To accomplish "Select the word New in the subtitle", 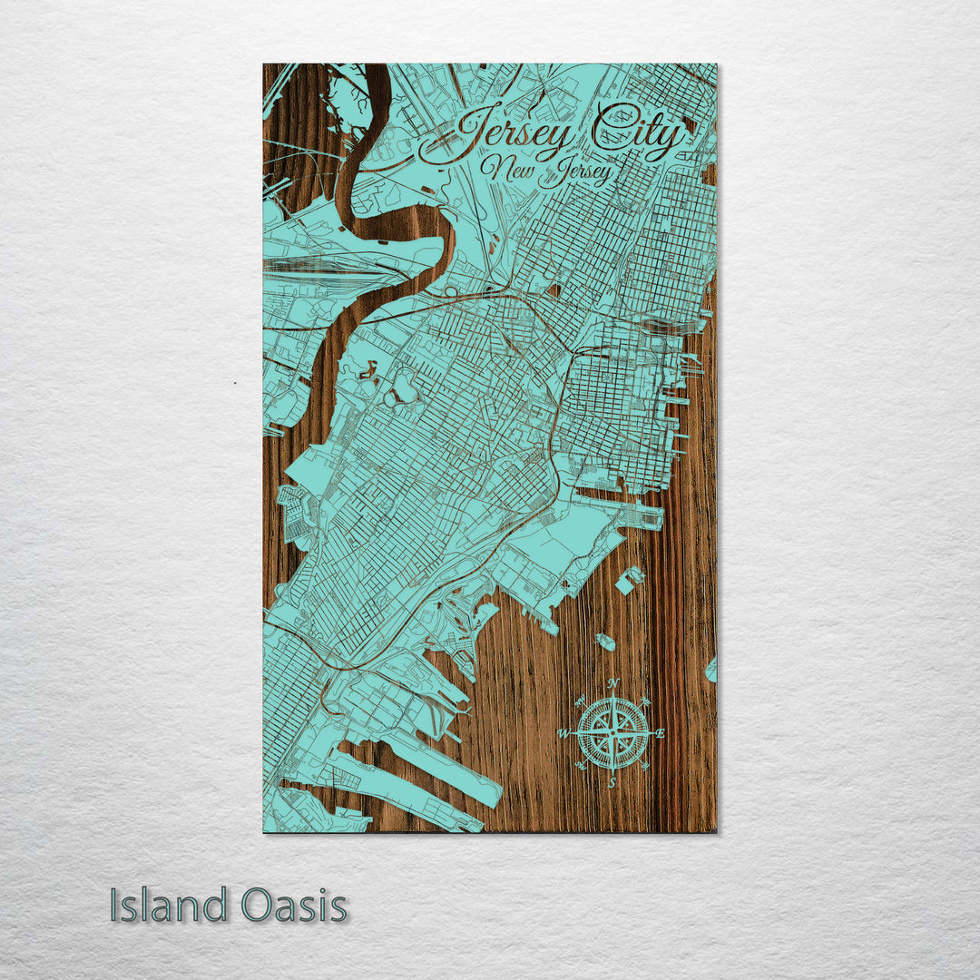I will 507,168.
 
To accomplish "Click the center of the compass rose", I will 613,730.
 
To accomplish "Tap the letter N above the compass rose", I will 613,683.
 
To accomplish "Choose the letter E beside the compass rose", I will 661,732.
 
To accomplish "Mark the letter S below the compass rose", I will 612,781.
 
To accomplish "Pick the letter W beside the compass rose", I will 563,732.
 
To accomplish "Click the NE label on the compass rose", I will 646,700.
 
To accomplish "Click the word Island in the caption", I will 168,906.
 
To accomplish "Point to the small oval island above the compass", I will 604,642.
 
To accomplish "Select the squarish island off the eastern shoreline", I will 629,580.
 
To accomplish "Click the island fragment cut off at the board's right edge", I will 711,670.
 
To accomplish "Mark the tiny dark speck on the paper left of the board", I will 235,383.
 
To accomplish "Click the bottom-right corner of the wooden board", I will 715,830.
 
